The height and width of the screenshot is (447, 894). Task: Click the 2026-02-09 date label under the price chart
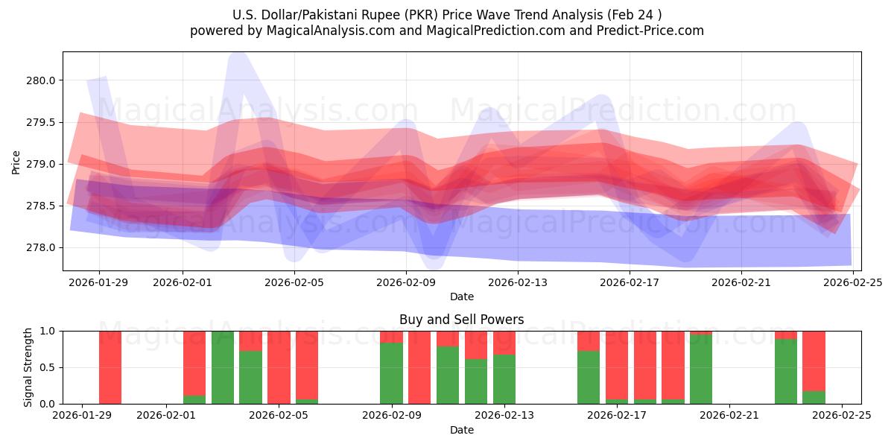pos(406,282)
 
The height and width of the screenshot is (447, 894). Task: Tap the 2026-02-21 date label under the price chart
pos(741,282)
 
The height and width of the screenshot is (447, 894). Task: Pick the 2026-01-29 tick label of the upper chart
pos(99,282)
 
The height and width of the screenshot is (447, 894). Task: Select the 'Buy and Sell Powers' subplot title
pos(461,320)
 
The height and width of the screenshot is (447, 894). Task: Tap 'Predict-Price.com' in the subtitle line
pos(646,31)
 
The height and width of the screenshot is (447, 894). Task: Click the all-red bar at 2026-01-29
pos(110,367)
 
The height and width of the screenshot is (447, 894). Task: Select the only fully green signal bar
pos(223,367)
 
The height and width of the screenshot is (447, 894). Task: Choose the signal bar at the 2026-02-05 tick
pos(279,367)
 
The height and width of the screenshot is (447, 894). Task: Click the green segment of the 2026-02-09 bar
pos(391,373)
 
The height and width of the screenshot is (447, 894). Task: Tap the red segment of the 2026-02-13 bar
pos(504,342)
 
